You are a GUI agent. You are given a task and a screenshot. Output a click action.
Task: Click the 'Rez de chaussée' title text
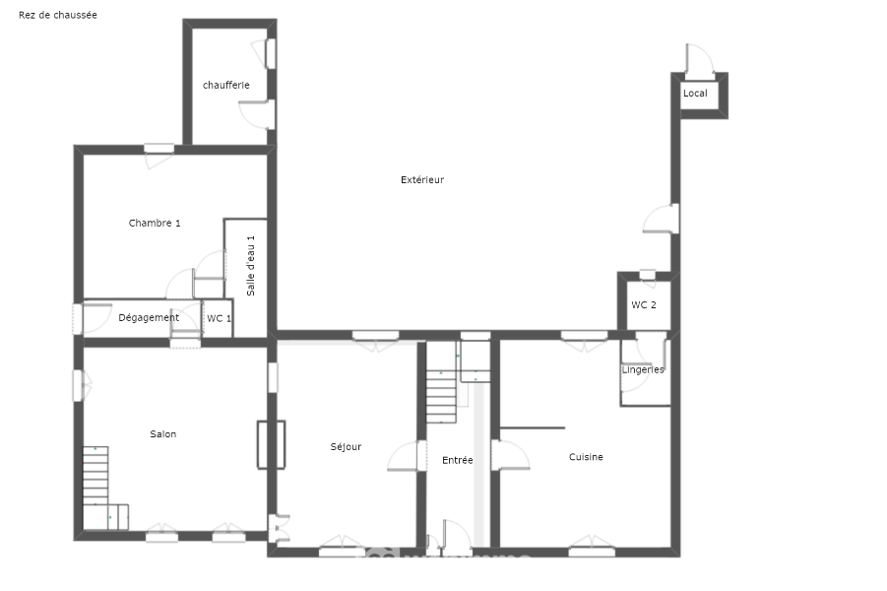tap(58, 16)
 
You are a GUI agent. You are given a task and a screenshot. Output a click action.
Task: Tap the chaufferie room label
tap(226, 85)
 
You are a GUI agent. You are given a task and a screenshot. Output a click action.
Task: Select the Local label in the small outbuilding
tap(695, 94)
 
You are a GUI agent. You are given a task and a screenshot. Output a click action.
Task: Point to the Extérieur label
tap(422, 180)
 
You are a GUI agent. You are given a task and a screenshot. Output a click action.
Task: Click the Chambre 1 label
tap(155, 223)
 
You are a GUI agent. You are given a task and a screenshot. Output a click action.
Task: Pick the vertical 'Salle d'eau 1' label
tap(251, 266)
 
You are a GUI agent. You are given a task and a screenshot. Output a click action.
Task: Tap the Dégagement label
tap(149, 318)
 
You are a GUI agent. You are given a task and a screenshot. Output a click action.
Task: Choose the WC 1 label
tap(219, 319)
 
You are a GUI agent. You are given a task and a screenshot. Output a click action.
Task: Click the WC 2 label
tap(644, 305)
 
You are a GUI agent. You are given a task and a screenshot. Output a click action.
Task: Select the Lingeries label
tap(643, 370)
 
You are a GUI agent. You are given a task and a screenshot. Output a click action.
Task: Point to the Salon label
tap(162, 434)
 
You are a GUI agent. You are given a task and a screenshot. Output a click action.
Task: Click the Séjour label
tap(346, 447)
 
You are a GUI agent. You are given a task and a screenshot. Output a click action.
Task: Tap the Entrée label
tap(458, 461)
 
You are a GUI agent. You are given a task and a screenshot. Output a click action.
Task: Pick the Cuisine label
tap(586, 457)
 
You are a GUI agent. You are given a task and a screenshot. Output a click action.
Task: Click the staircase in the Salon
tap(95, 476)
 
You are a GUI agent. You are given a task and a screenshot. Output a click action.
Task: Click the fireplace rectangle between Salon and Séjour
tap(272, 444)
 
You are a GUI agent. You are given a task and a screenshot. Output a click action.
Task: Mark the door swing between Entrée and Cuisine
tap(511, 454)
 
